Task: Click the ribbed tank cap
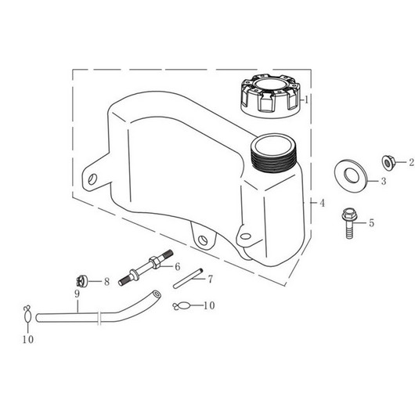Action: pos(270,96)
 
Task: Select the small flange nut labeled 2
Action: pos(388,163)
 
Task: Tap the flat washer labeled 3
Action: pos(351,175)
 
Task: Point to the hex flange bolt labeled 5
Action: pos(349,223)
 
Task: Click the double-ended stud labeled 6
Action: pos(146,268)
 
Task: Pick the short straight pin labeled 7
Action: pos(188,279)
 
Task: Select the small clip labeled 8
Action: pos(81,281)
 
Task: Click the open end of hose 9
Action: pos(157,294)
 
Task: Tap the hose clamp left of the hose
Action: pos(27,314)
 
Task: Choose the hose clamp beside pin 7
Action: pos(181,306)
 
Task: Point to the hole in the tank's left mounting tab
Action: pos(92,179)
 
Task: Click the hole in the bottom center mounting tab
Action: pos(203,240)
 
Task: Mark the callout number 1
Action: pos(306,99)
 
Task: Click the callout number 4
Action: pos(322,203)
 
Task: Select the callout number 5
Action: pos(372,223)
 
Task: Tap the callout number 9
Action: pos(77,294)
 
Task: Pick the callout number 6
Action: pos(177,266)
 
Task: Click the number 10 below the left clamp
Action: pos(27,339)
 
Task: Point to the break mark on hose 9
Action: pos(99,318)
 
